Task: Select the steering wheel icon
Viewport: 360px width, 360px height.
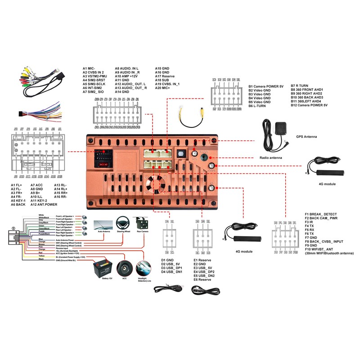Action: point(123,223)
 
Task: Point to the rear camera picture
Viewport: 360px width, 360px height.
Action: point(143,222)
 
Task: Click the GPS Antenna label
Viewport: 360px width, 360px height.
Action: point(306,136)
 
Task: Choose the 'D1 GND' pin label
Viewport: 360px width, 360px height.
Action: point(167,260)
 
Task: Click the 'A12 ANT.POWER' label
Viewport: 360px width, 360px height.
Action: point(43,205)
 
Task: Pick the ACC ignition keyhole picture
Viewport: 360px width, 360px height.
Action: point(124,268)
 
